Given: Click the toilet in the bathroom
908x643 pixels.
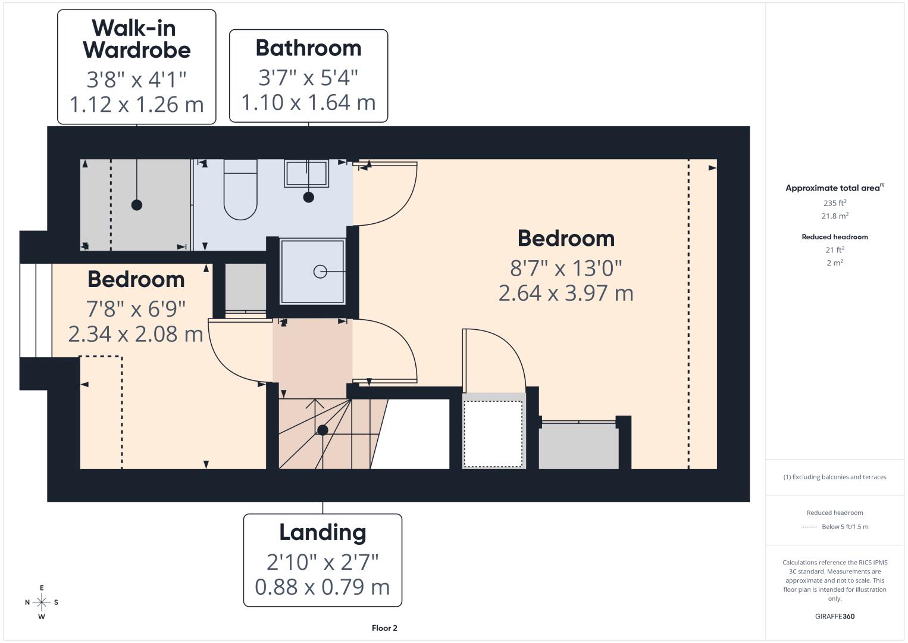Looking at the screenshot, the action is coord(240,189).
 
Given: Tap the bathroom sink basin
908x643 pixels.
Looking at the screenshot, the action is coord(306,173).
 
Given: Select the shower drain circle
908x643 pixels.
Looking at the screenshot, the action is coord(320,271).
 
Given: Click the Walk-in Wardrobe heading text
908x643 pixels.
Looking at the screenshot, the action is coord(137,39).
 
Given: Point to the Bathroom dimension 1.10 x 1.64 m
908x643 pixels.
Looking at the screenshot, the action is coord(308,102).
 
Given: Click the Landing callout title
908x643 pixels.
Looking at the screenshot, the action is coord(323,532).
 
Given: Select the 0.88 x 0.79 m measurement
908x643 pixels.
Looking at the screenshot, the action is coord(323,587).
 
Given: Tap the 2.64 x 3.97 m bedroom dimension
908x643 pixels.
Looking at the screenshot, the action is coord(566,293).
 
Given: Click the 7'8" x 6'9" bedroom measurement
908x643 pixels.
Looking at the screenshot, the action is coord(136,309).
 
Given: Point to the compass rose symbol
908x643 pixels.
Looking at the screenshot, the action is coord(42,603).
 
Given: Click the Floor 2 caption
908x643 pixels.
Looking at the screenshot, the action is coord(384,628).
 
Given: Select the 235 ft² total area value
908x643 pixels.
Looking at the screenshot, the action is coord(835,203).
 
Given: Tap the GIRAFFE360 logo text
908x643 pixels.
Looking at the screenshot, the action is coord(835,616).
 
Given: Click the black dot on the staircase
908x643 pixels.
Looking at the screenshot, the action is coord(323,430).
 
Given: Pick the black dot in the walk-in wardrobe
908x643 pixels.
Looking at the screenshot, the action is coord(137,205).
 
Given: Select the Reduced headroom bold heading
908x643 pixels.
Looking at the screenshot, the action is coord(835,237).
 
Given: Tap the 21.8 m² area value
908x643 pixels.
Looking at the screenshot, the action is coord(835,216).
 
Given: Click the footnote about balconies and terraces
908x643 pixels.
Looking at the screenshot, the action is coord(835,477).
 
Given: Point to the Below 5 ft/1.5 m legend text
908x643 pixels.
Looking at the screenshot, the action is coord(845,526).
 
